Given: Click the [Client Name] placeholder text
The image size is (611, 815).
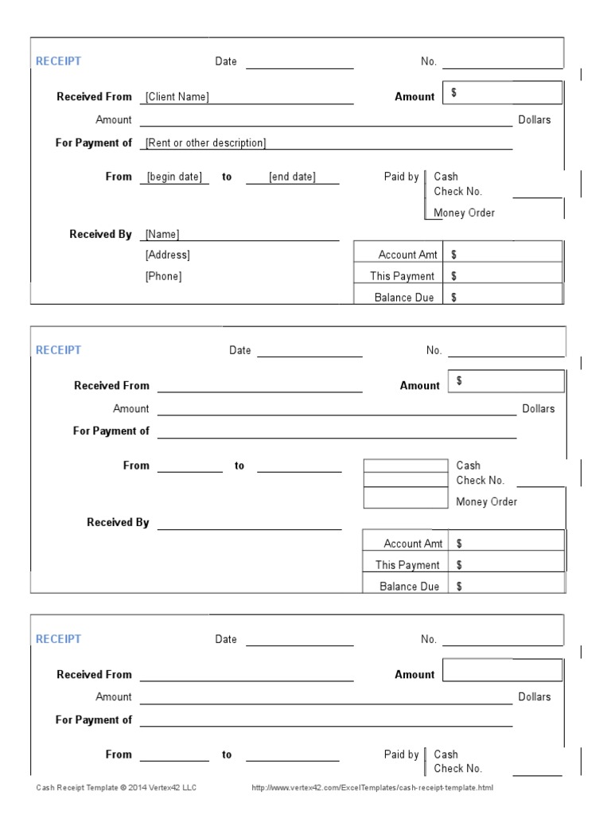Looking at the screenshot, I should (177, 97).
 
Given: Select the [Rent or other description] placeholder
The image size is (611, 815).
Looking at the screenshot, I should (206, 143).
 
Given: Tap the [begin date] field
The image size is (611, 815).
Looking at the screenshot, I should (175, 177).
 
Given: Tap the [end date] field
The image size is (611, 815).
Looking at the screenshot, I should (292, 177).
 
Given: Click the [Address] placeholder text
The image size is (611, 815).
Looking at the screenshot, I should (168, 255).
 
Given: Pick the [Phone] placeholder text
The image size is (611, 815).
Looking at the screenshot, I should (164, 276).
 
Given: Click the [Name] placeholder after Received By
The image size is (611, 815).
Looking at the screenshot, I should (162, 234).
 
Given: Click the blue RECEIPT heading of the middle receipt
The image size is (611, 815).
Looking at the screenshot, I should (59, 350).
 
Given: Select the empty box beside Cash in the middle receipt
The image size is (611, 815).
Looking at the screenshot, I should (405, 466).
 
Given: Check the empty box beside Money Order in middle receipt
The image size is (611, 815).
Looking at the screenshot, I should (405, 499).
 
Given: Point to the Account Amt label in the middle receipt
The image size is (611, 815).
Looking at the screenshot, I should (413, 544).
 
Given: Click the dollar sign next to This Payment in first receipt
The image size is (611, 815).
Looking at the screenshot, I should (454, 276).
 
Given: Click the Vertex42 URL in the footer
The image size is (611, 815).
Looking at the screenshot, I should (372, 788).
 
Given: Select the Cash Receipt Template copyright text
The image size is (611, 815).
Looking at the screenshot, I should (116, 788).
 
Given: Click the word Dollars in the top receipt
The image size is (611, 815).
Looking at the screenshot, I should (535, 120).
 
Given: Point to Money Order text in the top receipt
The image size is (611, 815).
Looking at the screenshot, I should (465, 213).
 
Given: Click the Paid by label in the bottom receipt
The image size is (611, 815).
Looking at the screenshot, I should (401, 755).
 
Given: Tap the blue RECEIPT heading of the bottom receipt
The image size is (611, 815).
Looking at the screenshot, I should (59, 639).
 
